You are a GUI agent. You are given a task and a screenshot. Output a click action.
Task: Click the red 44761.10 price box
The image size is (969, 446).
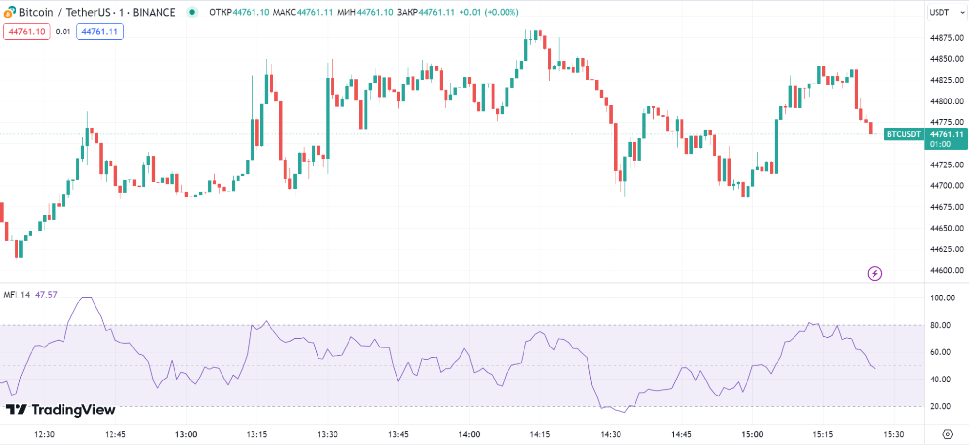click(x=27, y=32)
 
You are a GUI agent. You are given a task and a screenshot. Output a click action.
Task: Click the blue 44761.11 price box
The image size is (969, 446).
click(x=100, y=32)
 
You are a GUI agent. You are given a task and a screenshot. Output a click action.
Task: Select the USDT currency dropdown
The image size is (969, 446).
click(x=947, y=13)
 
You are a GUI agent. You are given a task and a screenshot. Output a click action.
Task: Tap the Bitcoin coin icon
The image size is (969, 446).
click(x=10, y=13)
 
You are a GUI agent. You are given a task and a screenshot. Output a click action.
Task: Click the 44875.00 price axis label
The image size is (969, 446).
click(x=947, y=38)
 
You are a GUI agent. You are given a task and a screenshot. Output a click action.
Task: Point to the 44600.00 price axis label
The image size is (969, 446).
click(x=947, y=270)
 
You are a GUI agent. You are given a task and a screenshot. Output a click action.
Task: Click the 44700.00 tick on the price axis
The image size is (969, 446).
click(x=947, y=185)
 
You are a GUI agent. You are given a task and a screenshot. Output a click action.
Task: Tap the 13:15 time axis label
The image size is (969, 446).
click(x=256, y=434)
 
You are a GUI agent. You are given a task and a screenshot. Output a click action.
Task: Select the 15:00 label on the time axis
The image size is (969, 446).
click(x=752, y=434)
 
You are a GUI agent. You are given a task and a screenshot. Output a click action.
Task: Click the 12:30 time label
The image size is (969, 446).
click(x=44, y=434)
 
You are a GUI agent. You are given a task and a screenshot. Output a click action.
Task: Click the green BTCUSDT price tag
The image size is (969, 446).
click(x=904, y=134)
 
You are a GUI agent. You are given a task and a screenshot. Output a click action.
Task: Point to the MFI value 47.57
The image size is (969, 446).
click(x=46, y=295)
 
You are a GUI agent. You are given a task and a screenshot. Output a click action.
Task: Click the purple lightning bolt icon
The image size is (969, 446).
click(x=874, y=274)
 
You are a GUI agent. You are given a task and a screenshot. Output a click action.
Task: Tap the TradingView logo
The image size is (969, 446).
click(x=61, y=410)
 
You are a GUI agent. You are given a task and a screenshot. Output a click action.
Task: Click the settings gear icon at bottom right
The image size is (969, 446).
click(x=948, y=434)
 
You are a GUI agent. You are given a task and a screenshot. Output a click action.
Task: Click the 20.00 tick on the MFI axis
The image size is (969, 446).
click(x=940, y=406)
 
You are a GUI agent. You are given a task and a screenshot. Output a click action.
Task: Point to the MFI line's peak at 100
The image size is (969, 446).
click(x=87, y=298)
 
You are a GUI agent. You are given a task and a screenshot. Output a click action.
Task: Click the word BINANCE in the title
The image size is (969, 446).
click(x=154, y=13)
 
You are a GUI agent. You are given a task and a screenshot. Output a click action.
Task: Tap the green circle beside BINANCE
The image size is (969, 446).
click(x=192, y=12)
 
